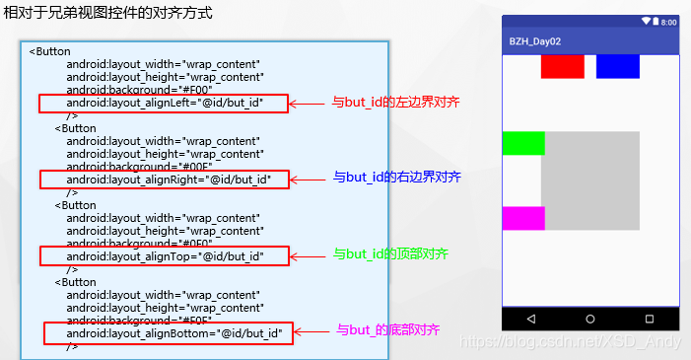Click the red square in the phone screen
point(562,66)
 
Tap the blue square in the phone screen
point(618,66)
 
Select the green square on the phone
point(523,143)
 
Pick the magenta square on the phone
point(523,218)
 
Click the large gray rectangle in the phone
point(591,180)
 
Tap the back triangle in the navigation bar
point(531,320)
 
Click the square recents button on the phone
point(650,320)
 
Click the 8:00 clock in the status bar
point(668,21)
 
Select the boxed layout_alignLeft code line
point(164,103)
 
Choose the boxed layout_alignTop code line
point(165,256)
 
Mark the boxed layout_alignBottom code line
point(169,333)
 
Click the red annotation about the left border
point(395,102)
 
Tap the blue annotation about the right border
point(397,178)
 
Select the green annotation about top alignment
point(391,253)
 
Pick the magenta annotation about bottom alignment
point(387,329)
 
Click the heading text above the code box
point(108,15)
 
